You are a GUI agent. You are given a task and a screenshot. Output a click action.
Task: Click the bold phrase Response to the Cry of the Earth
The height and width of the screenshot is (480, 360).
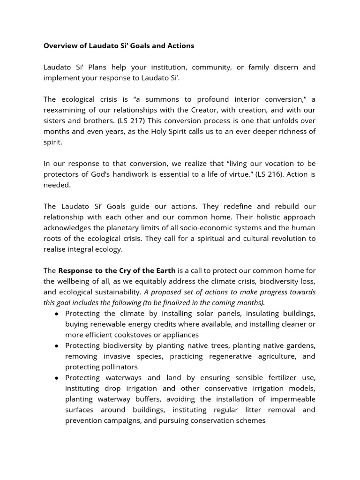pos(117,270)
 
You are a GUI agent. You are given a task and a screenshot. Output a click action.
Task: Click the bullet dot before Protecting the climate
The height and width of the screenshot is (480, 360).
pos(57,314)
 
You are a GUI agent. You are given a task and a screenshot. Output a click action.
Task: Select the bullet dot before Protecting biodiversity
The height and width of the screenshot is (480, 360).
pos(57,345)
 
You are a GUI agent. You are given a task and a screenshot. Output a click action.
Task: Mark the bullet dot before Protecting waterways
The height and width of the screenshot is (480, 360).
pos(57,378)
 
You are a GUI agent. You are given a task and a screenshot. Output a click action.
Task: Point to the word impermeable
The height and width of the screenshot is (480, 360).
pos(291,399)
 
